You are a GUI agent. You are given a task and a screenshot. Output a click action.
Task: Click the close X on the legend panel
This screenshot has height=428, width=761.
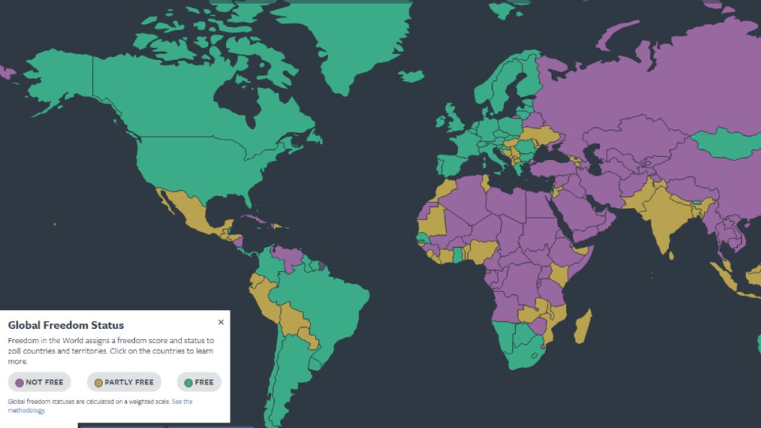pos(221,322)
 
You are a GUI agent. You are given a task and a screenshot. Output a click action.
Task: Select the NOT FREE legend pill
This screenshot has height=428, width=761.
pos(39,382)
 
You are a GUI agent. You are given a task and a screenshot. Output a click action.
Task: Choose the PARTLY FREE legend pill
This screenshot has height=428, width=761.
pos(124,382)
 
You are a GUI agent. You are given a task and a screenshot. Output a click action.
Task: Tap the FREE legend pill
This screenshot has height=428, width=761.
pos(199,382)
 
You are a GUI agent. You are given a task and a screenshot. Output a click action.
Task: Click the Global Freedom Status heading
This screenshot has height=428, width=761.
pos(66,325)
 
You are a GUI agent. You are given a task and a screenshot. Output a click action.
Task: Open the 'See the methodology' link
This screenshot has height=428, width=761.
pos(182,402)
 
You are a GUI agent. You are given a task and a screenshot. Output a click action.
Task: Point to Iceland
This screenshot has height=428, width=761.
pos(411,77)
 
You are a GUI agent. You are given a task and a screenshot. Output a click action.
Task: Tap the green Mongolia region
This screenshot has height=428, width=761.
pos(723,143)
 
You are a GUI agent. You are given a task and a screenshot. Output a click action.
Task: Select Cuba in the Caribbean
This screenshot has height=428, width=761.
pos(254,219)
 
